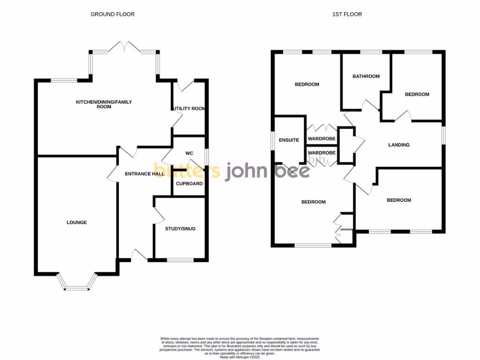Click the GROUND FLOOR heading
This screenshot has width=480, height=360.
[112, 14]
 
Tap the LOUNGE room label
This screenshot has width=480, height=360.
[76, 222]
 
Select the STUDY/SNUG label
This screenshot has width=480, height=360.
[180, 229]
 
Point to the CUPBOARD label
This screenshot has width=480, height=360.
[189, 183]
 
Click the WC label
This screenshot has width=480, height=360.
[189, 153]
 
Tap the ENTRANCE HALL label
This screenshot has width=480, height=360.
[144, 173]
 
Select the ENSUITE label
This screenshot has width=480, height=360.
[289, 140]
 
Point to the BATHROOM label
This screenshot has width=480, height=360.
[366, 76]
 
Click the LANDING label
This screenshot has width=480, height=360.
[399, 145]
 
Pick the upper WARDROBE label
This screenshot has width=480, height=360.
[322, 139]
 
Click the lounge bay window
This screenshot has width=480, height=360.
[77, 284]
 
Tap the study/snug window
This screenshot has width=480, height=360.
[180, 260]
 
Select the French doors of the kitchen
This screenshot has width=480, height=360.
[124, 47]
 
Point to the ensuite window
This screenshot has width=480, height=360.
[272, 141]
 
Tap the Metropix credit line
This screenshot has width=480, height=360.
[240, 357]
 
